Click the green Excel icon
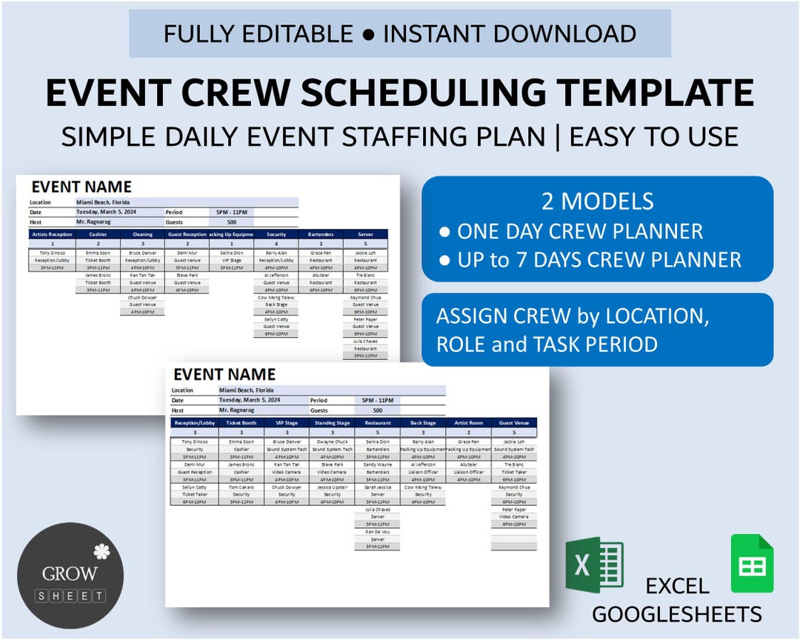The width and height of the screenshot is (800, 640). click(594, 565)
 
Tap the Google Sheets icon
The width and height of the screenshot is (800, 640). click(752, 564)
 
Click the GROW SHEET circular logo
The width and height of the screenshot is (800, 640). click(70, 576)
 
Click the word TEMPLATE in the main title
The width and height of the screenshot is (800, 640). click(656, 93)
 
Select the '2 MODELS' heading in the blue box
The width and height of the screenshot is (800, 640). click(597, 201)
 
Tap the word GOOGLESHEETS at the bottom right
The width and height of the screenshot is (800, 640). click(676, 614)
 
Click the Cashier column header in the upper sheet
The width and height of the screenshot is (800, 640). click(98, 234)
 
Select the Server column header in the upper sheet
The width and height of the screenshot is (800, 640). click(365, 234)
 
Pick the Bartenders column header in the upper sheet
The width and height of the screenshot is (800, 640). click(321, 234)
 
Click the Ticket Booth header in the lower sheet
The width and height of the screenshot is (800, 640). click(241, 423)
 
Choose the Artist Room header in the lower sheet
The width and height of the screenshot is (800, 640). click(468, 423)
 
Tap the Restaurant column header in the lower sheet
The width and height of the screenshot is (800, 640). click(378, 423)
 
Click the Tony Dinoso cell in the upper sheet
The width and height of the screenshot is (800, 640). click(52, 253)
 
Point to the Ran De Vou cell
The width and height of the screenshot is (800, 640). click(378, 532)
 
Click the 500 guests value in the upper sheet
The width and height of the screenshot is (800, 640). click(231, 221)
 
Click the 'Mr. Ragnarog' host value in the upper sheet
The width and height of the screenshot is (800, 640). click(93, 221)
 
